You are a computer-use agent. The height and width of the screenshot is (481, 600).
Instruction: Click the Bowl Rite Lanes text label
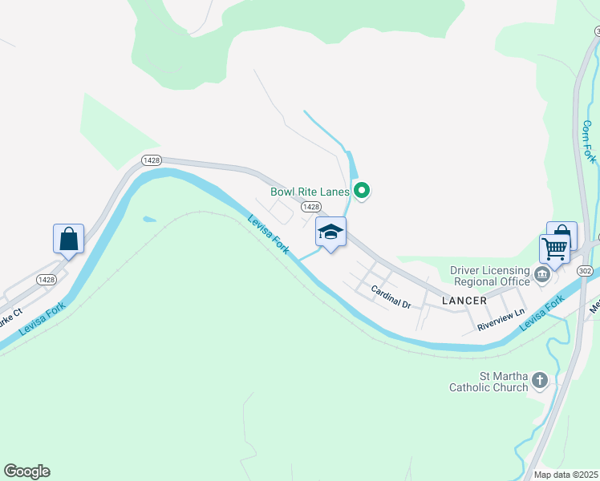pyautogui.click(x=310, y=192)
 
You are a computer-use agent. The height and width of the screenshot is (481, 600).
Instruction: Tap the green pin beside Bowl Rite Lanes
pyautogui.click(x=362, y=191)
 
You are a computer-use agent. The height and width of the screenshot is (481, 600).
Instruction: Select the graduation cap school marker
pyautogui.click(x=330, y=232)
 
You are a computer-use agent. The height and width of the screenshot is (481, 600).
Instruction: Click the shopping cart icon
pyautogui.click(x=554, y=249)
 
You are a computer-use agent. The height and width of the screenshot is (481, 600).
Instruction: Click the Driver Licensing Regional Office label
pyautogui.click(x=490, y=276)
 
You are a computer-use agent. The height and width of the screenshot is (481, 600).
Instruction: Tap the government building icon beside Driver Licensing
pyautogui.click(x=542, y=277)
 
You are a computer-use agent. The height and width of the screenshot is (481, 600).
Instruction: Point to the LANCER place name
pyautogui.click(x=464, y=301)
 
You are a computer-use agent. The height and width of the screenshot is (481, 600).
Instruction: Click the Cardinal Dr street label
pyautogui.click(x=391, y=299)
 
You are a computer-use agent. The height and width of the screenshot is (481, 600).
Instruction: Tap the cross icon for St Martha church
pyautogui.click(x=541, y=380)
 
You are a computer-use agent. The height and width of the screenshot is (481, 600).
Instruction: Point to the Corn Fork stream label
pyautogui.click(x=588, y=142)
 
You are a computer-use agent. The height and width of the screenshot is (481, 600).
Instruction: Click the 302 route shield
pyautogui.click(x=585, y=270)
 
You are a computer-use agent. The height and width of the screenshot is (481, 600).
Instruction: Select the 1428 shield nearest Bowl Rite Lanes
pyautogui.click(x=311, y=207)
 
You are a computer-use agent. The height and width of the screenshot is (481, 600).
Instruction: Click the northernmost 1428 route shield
pyautogui.click(x=151, y=160)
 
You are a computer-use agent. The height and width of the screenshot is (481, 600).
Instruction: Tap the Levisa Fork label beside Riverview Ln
pyautogui.click(x=541, y=312)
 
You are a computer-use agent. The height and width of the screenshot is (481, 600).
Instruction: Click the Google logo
pyautogui.click(x=26, y=471)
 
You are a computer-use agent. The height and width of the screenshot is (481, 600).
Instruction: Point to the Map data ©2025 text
pyautogui.click(x=566, y=475)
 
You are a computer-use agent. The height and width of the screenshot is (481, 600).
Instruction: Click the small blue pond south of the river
pyautogui.click(x=148, y=219)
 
